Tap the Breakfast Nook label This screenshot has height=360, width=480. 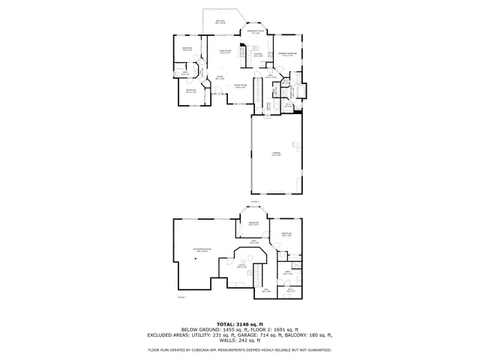tap(256, 31)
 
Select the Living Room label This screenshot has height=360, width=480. tap(225, 52)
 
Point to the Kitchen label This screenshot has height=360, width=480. tap(257, 55)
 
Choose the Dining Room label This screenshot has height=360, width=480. tap(241, 86)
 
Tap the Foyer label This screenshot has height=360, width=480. tap(220, 77)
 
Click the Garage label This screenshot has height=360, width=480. tap(277, 154)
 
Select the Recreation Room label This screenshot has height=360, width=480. tap(202, 249)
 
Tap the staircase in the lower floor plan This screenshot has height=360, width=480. tap(256, 274)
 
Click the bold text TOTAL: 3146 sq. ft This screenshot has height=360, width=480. tap(239, 323)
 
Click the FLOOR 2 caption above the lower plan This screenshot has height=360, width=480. tap(254, 202)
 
